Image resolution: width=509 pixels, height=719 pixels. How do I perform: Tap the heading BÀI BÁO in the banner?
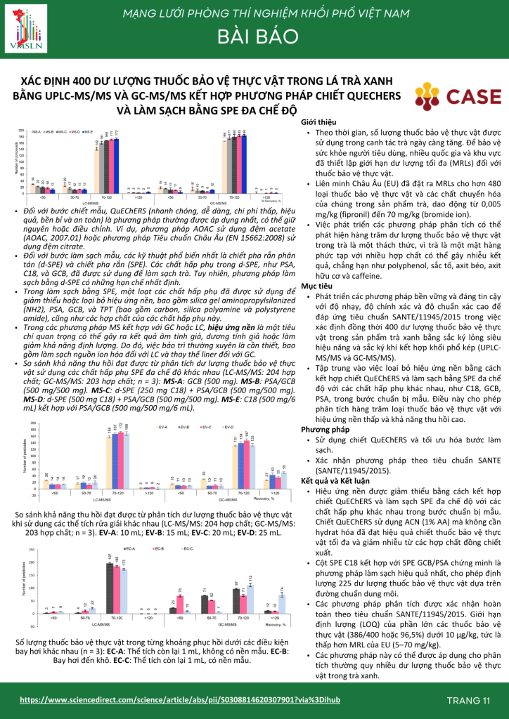(x=254, y=37)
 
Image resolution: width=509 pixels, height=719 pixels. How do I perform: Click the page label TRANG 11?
(x=468, y=701)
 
